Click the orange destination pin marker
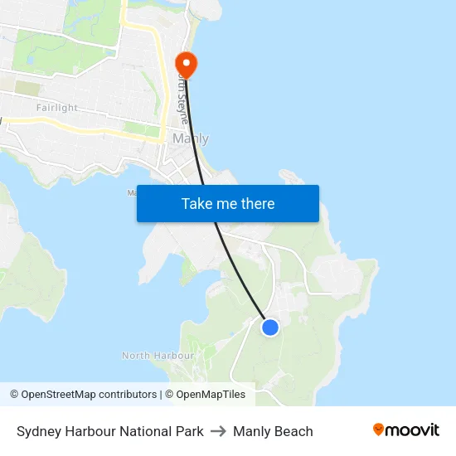pos(186,63)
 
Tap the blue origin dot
pos(269,327)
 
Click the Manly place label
pos(191,138)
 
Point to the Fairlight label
pos(56,108)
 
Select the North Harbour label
pos(158,356)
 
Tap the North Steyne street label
pos(182,97)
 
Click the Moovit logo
pos(406,430)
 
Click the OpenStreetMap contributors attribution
pos(89,395)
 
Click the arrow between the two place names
pos(218,431)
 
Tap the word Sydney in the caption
pos(38,431)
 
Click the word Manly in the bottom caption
pos(251,431)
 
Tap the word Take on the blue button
pos(196,204)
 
